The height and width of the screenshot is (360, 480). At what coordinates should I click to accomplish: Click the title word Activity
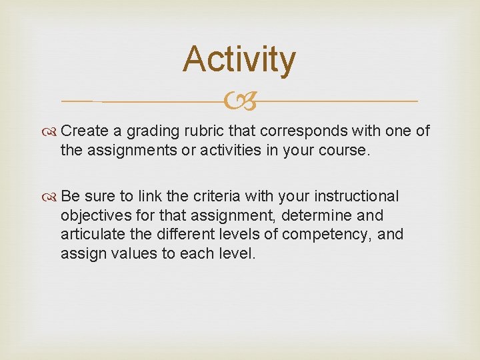239,60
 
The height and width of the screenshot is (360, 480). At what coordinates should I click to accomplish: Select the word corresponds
299,131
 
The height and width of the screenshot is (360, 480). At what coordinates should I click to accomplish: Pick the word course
344,150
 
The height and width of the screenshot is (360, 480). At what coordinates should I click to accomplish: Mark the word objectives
95,216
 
